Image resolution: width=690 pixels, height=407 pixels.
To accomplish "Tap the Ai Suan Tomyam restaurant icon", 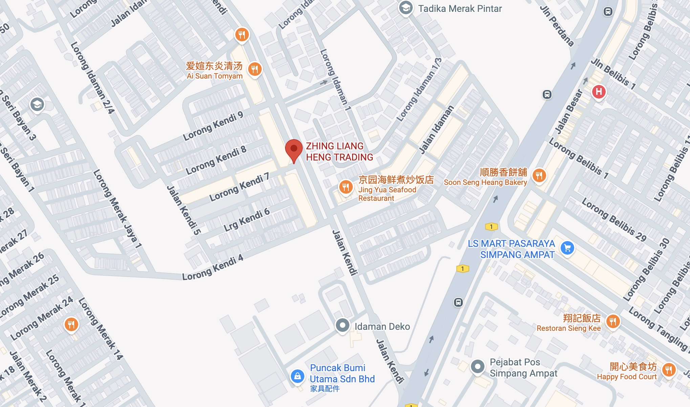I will coord(255,69).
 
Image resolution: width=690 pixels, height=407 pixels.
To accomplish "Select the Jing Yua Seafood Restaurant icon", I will coord(345,187).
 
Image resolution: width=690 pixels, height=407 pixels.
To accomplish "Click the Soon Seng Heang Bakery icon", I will coord(539,175).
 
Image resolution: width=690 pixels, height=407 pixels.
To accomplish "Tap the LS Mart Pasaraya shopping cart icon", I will coord(567,248).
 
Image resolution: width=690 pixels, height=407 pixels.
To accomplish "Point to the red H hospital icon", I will coord(599,91).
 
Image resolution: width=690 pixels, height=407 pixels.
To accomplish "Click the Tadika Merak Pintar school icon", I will coord(405,8).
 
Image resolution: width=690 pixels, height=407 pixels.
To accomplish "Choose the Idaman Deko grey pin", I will coord(342,325).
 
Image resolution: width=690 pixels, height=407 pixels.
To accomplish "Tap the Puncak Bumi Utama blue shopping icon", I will coord(297,376).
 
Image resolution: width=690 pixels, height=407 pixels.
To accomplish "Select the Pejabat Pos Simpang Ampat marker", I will coord(478,366).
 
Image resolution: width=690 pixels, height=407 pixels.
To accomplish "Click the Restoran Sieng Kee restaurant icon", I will coord(613,321).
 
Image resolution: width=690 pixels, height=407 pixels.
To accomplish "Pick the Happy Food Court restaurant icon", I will coord(669,370).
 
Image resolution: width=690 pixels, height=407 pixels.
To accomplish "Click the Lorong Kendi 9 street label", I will coord(213,126).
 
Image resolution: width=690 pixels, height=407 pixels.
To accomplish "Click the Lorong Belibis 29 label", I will coord(614,220).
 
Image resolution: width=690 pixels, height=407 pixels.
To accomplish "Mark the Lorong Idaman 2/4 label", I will coord(92,78).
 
